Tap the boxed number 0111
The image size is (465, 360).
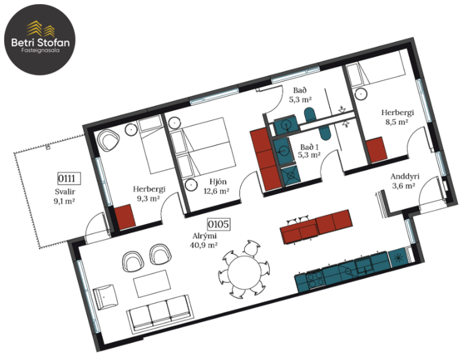[68, 179]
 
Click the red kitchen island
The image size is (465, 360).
[316, 226]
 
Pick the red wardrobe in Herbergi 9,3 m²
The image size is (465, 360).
[124, 217]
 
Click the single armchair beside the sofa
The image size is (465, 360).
[105, 297]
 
